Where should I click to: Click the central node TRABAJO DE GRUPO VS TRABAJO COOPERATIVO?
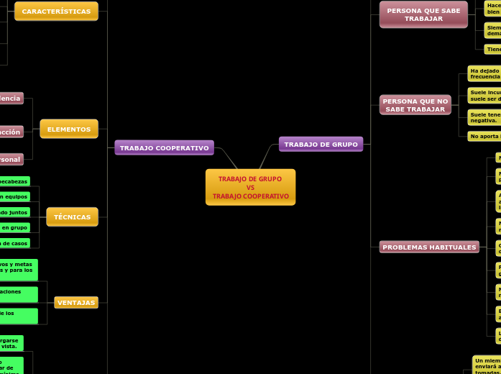(x=250, y=187)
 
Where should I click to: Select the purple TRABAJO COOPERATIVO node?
(x=164, y=147)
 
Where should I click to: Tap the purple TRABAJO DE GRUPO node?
(x=321, y=144)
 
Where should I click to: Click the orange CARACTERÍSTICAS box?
(x=56, y=12)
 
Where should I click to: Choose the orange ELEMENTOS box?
(x=69, y=129)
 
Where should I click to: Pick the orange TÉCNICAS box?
(x=72, y=216)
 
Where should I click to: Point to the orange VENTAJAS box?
(x=76, y=302)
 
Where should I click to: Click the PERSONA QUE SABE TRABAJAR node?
(x=423, y=14)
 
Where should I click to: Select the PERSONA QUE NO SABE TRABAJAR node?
(x=415, y=105)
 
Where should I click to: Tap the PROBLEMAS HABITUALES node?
(x=429, y=247)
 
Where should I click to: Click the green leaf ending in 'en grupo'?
(x=14, y=227)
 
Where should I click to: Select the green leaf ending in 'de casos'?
(x=14, y=243)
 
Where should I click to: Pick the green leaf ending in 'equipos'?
(x=14, y=196)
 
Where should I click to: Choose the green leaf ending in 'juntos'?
(x=14, y=212)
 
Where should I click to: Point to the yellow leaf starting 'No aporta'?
(x=484, y=136)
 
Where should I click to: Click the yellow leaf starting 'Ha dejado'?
(x=484, y=73)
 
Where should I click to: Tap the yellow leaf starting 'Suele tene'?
(x=484, y=117)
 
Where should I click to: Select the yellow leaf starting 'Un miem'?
(x=487, y=363)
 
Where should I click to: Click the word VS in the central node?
(x=250, y=187)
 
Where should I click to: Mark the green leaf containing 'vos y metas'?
(x=19, y=270)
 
